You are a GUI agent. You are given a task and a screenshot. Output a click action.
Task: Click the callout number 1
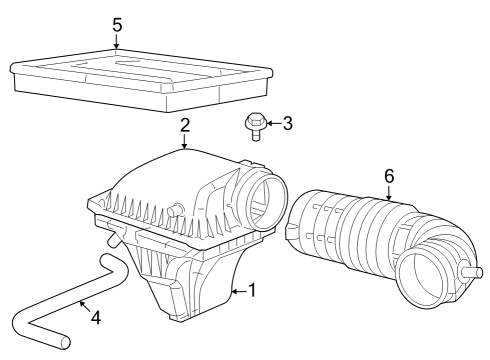(252, 291)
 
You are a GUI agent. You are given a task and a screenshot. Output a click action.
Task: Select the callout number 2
(185, 125)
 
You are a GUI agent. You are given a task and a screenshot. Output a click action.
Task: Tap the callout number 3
(287, 124)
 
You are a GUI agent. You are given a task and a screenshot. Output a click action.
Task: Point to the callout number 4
(95, 319)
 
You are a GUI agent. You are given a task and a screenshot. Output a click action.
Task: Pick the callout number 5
(117, 23)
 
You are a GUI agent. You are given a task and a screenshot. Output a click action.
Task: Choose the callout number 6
(389, 176)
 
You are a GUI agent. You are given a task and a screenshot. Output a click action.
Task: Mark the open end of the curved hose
(65, 342)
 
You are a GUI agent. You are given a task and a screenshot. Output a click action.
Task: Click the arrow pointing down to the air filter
(117, 41)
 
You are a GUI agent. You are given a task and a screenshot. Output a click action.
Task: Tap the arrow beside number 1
(238, 291)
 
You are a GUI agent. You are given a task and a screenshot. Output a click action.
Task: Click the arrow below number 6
(389, 192)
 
